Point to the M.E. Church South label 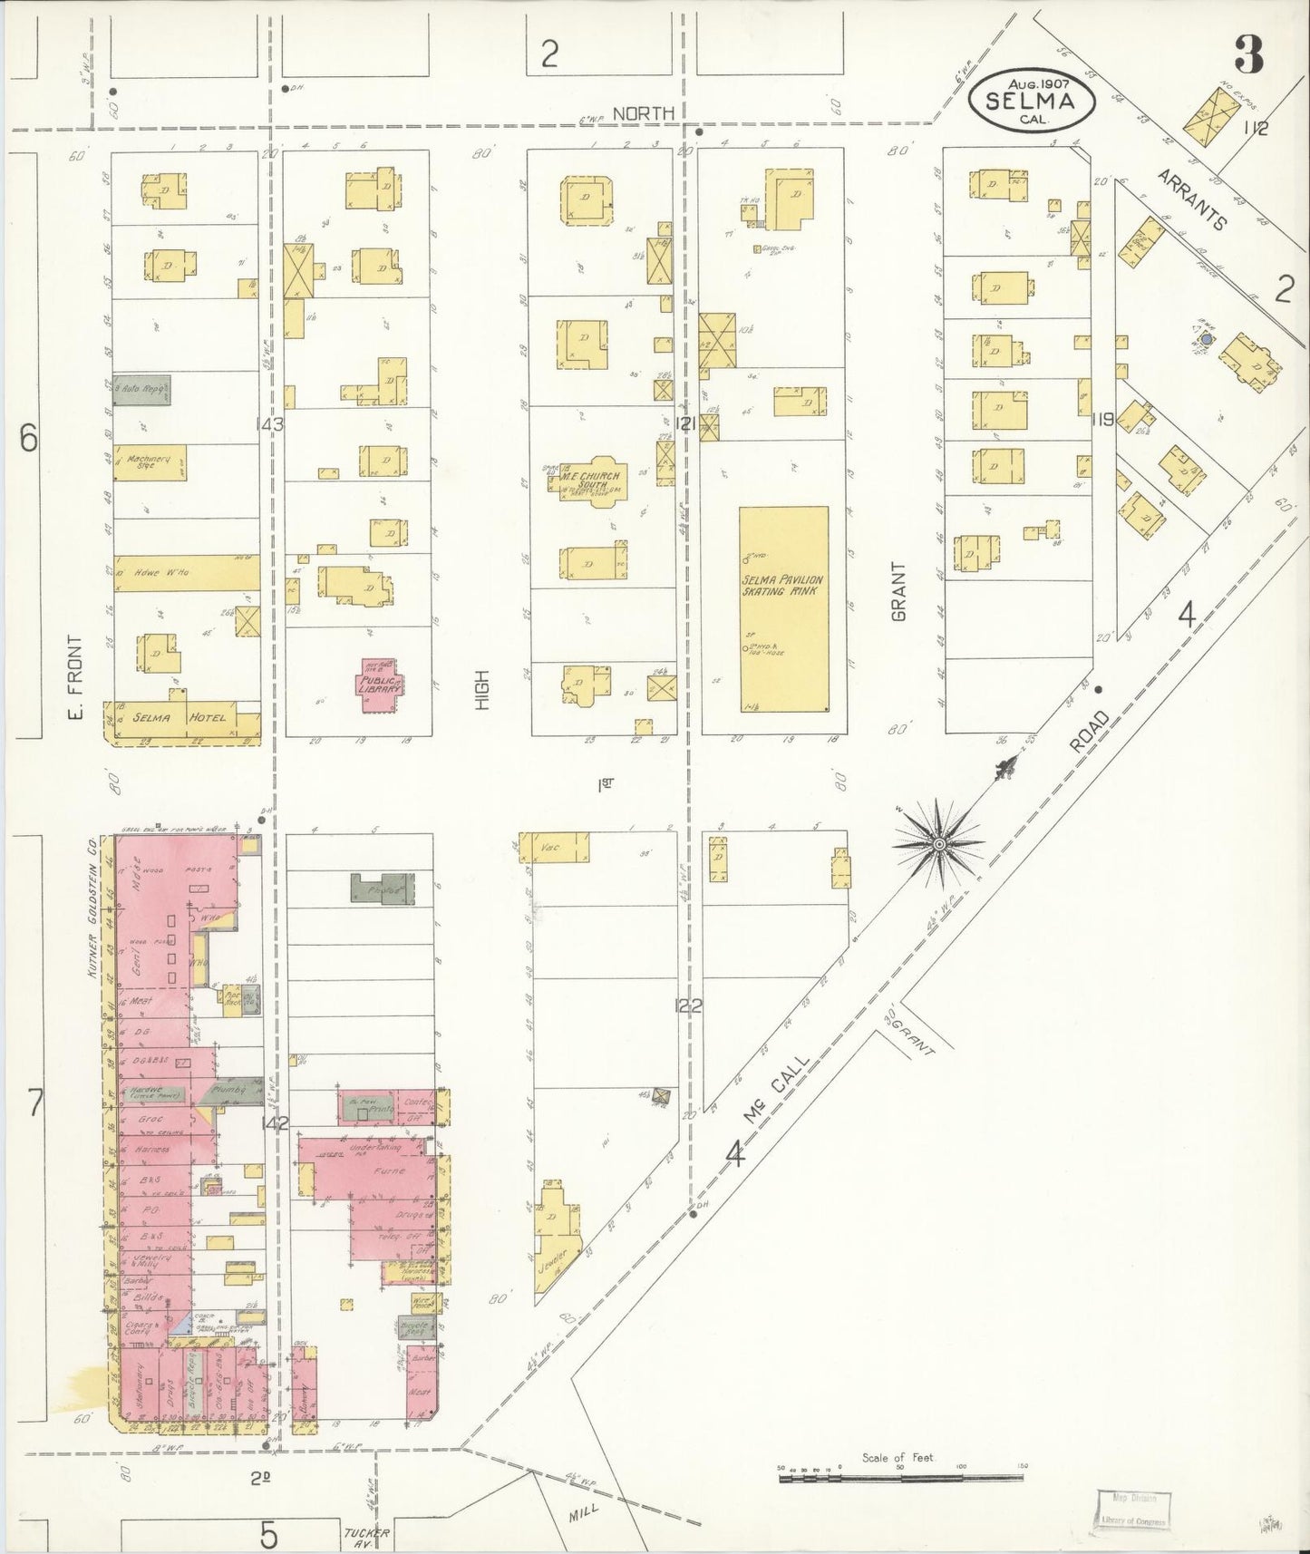[590, 481]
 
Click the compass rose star [940, 844]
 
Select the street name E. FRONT [74, 676]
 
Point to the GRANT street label [898, 591]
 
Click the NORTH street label [643, 113]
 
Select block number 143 [270, 423]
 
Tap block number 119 [1102, 420]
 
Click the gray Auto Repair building [141, 390]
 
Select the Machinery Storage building [150, 462]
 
